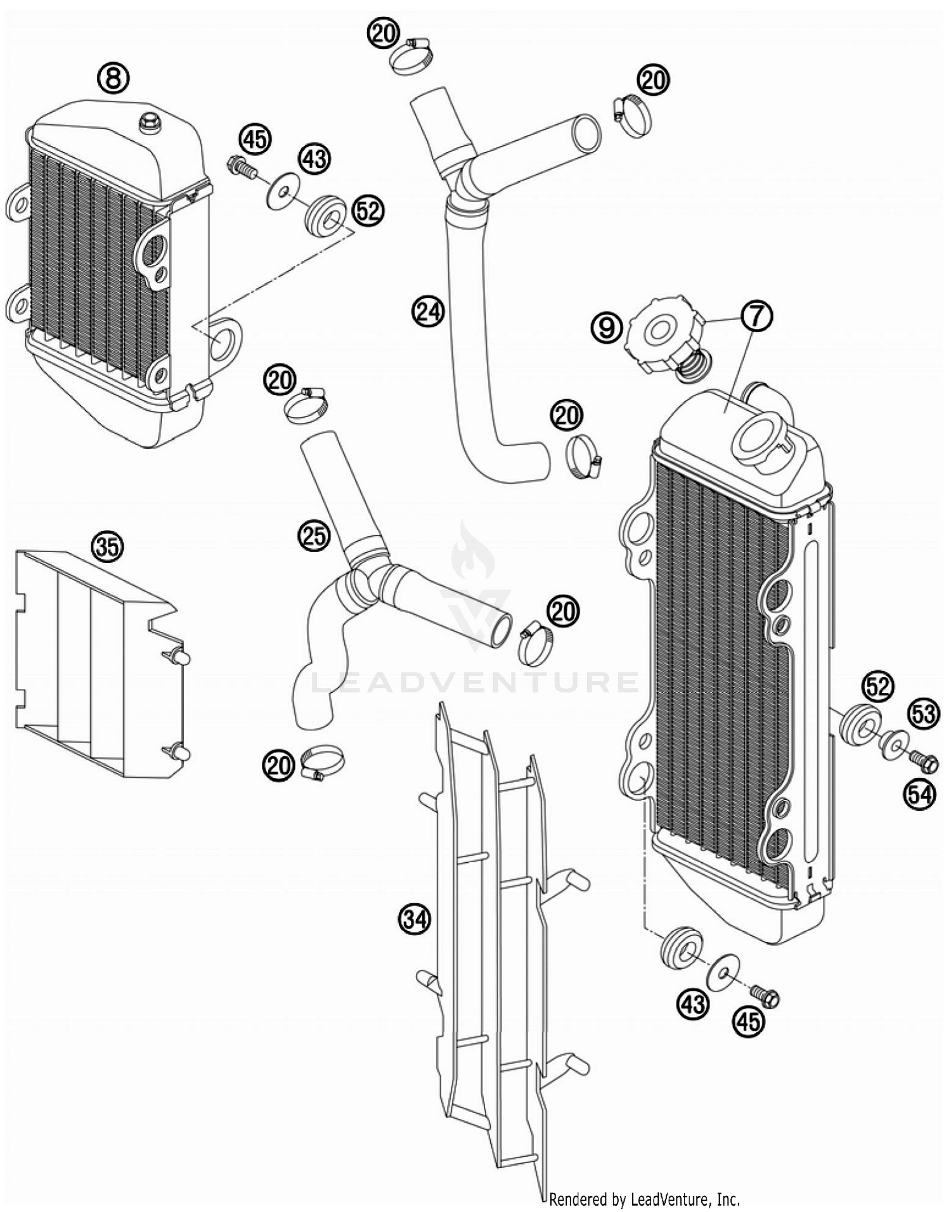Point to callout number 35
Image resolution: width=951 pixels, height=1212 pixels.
[107, 546]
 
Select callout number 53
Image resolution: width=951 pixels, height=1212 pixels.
[924, 714]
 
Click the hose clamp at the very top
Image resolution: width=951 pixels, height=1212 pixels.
[412, 56]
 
